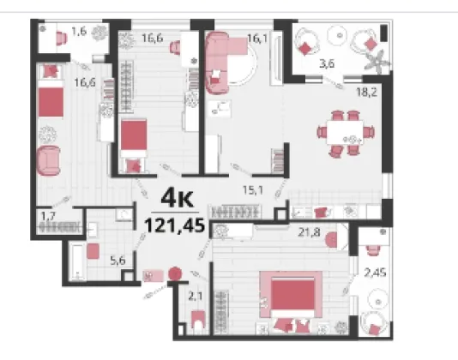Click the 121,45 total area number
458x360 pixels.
[x=174, y=225]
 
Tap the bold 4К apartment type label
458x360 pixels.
[x=177, y=198]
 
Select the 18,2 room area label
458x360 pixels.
[x=366, y=93]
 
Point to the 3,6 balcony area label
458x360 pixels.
[x=327, y=63]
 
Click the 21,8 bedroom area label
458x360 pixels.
[x=309, y=232]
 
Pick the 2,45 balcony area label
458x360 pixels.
[x=376, y=273]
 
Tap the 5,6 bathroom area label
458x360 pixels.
[x=118, y=261]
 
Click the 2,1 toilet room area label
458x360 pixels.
[x=195, y=297]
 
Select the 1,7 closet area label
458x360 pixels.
[x=48, y=216]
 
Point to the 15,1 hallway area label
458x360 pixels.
[x=253, y=190]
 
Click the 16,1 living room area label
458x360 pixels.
[x=257, y=38]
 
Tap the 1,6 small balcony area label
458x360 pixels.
[x=79, y=31]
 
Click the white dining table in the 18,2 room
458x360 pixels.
[x=346, y=132]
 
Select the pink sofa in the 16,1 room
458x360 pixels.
[x=217, y=63]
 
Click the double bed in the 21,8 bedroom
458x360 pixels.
[x=292, y=297]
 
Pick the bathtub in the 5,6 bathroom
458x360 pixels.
[x=77, y=261]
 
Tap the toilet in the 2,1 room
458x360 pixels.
[x=199, y=321]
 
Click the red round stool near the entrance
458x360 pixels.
[x=175, y=274]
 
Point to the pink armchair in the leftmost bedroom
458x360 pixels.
[x=49, y=161]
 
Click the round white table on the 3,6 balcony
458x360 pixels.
[x=339, y=35]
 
